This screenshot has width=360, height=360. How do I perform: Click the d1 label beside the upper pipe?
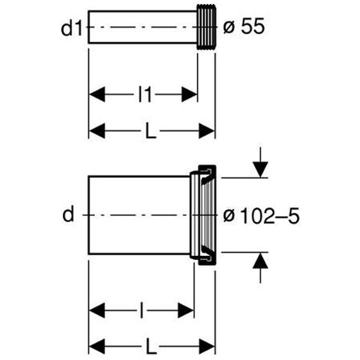tap(71, 28)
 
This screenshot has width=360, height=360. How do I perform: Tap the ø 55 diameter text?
tap(244, 26)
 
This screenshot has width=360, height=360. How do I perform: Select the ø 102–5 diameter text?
tap(262, 216)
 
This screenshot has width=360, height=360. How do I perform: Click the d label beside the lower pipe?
tap(68, 213)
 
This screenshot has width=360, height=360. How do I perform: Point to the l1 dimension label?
tap(145, 94)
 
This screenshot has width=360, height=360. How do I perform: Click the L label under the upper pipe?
tap(151, 131)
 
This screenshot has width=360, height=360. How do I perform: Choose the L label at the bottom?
tap(151, 347)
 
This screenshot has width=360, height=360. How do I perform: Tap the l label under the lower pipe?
tap(141, 311)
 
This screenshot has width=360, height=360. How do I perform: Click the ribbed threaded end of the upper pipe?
tap(206, 27)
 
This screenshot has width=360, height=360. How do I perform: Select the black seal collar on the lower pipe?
tap(207, 215)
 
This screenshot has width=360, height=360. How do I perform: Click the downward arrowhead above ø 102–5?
tap(261, 170)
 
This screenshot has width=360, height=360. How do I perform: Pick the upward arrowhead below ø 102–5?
tap(261, 260)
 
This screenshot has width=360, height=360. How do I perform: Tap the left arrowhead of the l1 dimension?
tap(97, 94)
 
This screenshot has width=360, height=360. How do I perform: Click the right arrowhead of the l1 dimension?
tap(189, 94)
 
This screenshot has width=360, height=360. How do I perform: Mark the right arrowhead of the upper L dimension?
tap(207, 131)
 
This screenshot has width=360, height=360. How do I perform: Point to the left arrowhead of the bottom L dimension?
tap(97, 347)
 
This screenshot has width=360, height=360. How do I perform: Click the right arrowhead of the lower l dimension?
tap(186, 311)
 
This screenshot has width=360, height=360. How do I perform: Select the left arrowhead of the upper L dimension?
tap(97, 131)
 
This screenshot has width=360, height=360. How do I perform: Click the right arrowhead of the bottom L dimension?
tap(207, 347)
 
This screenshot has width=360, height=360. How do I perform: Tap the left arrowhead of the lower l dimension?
tap(97, 311)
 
